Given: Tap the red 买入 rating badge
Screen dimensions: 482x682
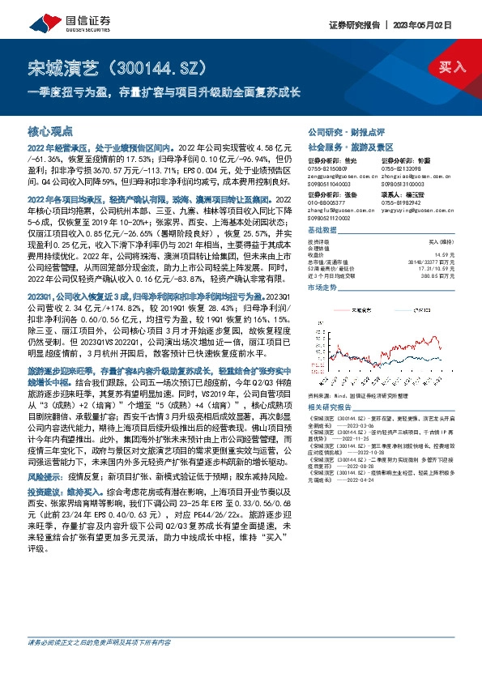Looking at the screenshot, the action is [x=451, y=68].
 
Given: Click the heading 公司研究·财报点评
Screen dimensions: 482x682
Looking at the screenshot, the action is [x=346, y=131].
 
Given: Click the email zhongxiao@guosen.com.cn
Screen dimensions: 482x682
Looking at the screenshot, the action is [x=415, y=176].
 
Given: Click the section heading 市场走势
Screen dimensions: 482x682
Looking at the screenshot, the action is [x=322, y=288].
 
